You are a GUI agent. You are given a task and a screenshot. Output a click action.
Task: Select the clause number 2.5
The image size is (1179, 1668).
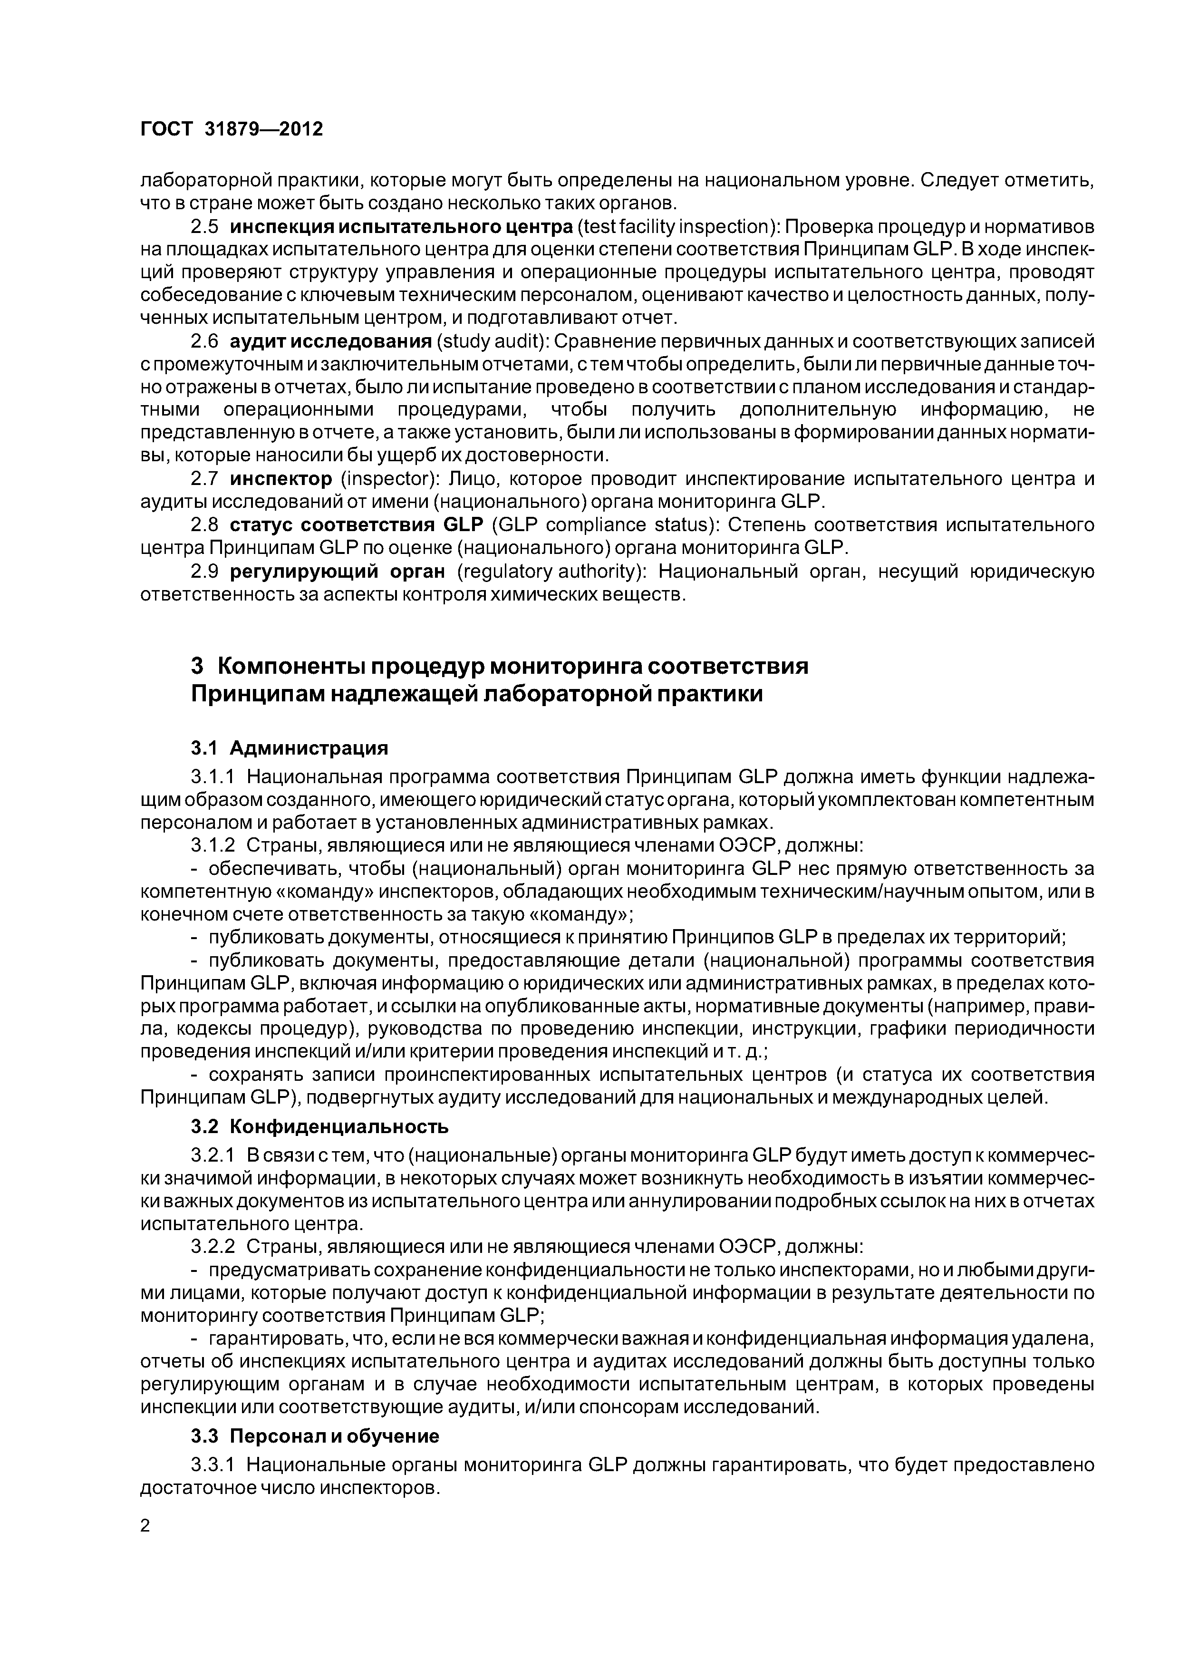click(x=204, y=227)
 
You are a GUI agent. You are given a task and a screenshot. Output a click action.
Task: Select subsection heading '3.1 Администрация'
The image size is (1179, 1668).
click(x=289, y=748)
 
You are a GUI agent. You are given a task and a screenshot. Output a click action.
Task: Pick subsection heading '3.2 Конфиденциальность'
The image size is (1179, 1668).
click(x=319, y=1127)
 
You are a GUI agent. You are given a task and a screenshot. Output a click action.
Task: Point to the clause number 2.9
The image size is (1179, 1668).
click(x=204, y=572)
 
